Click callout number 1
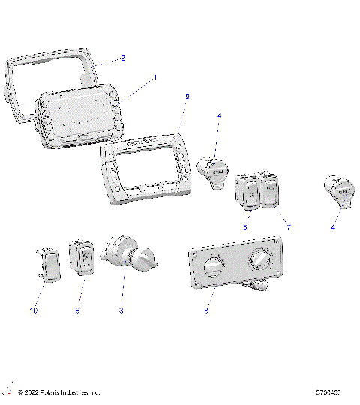[155, 77]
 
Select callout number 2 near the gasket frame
[123, 58]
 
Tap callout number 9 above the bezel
[187, 97]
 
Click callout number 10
[33, 310]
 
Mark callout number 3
[121, 310]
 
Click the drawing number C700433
[328, 392]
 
